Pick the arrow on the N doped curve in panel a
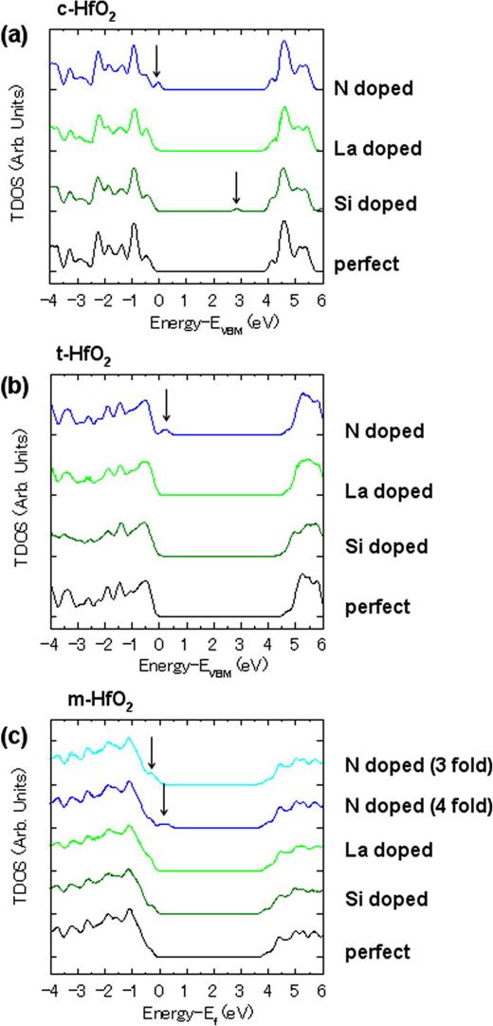point(156,62)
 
